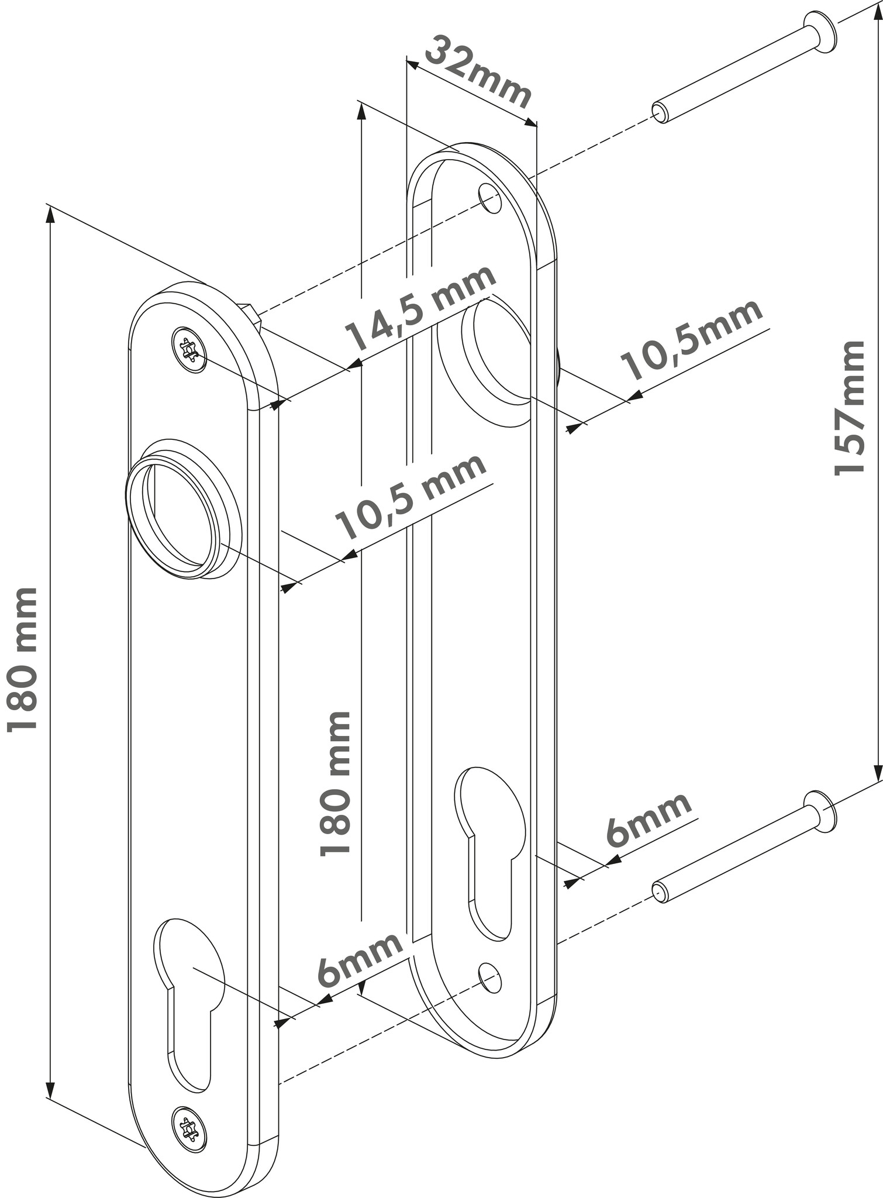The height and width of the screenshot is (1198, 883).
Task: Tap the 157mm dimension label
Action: pos(849,407)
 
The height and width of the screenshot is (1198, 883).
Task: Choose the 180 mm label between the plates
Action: pos(336,783)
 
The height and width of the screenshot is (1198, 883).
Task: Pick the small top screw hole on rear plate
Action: pos(490,199)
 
